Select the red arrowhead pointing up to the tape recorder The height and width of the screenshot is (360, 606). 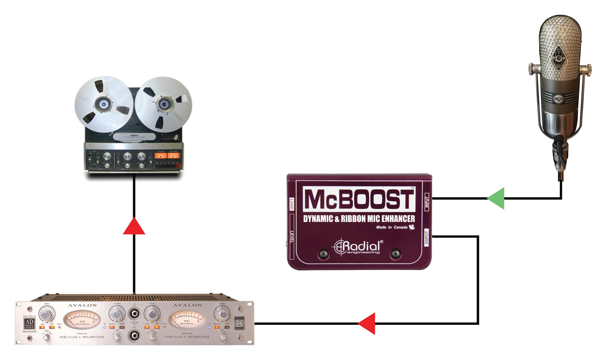(x=134, y=227)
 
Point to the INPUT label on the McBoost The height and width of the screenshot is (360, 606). (x=427, y=203)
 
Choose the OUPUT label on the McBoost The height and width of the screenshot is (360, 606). (x=426, y=238)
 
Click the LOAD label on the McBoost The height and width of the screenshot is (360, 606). (x=292, y=204)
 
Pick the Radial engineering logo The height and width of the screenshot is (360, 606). (x=358, y=247)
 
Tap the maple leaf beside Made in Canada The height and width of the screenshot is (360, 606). (x=412, y=227)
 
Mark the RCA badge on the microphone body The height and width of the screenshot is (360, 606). (x=559, y=99)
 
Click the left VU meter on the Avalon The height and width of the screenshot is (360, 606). (x=82, y=319)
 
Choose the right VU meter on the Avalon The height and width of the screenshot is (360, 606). (x=186, y=319)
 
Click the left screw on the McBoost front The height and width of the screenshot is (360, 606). (x=323, y=254)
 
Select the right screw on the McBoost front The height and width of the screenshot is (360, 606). (x=395, y=254)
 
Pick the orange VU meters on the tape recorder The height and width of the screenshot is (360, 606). (x=167, y=156)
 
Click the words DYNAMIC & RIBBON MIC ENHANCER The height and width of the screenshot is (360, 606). (x=359, y=219)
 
